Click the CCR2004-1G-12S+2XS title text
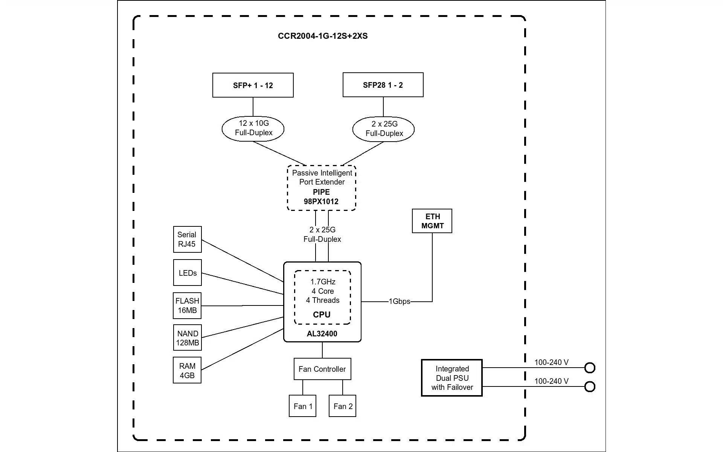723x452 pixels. click(323, 36)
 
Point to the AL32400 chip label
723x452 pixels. click(322, 334)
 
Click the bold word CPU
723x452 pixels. click(322, 315)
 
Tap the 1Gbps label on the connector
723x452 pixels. click(400, 301)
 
